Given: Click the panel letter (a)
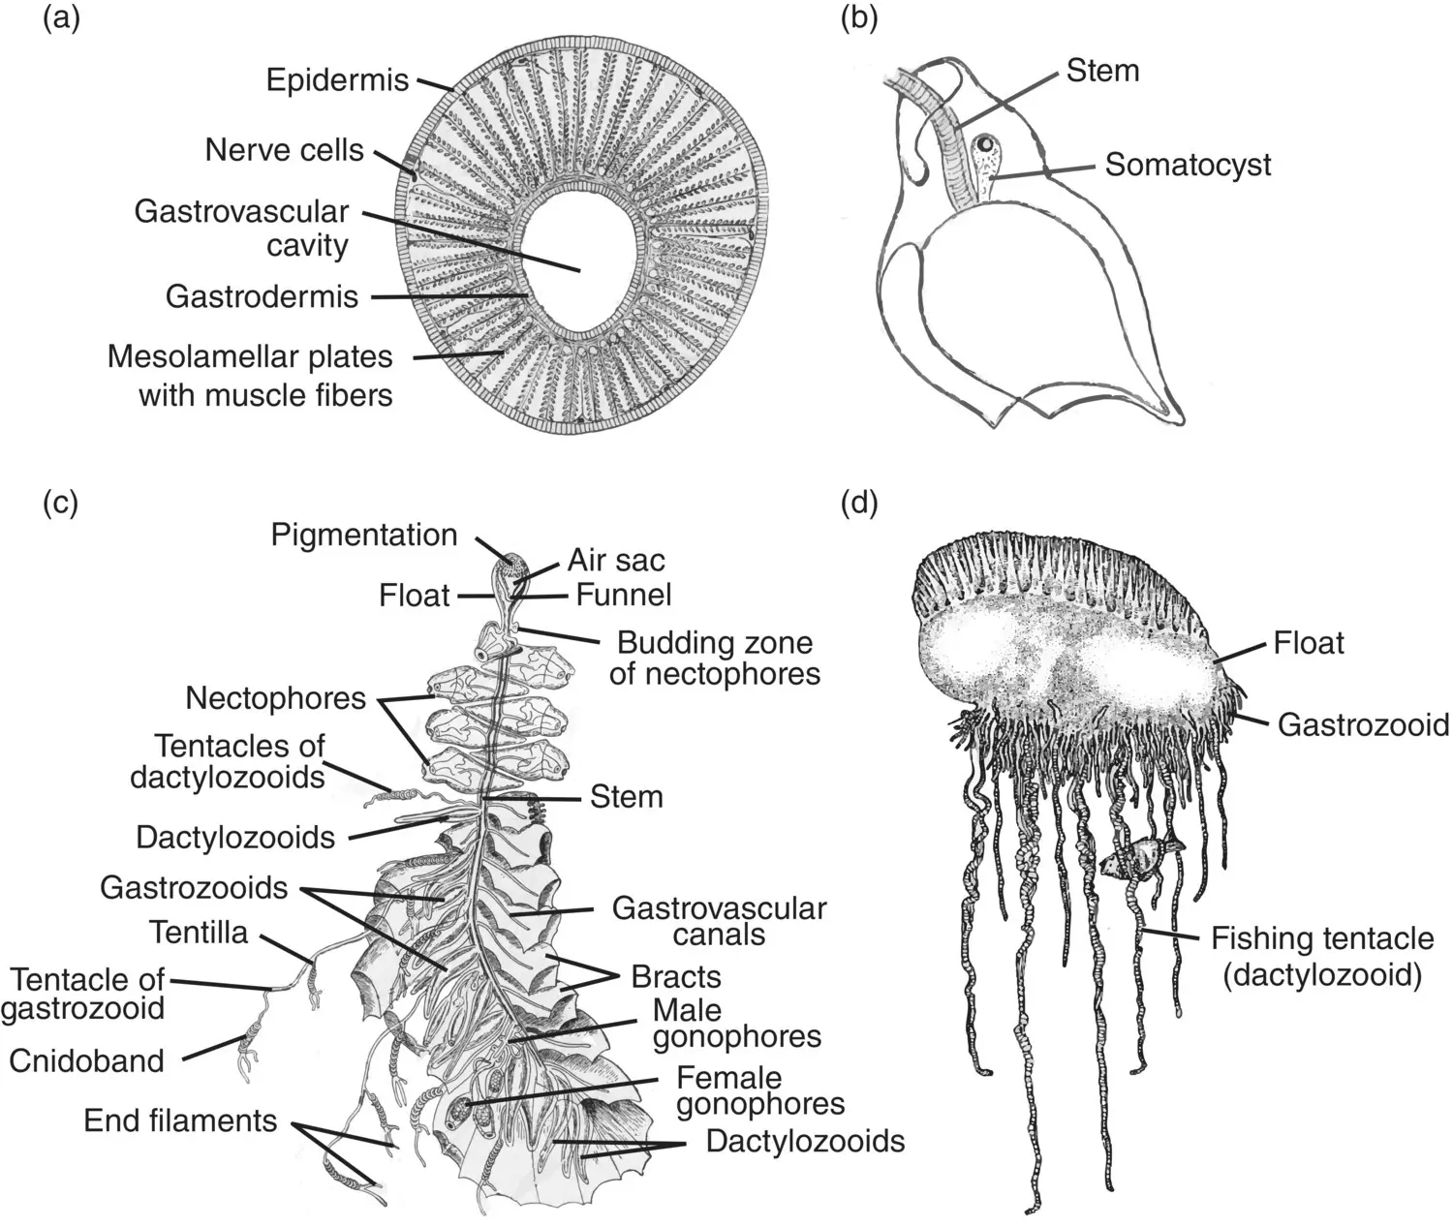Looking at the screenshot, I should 61,20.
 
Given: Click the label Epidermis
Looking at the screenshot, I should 337,79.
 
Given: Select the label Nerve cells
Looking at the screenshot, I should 284,150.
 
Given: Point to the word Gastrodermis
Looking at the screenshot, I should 262,296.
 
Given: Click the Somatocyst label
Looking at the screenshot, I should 1188,165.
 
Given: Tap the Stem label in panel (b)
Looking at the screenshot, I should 1102,70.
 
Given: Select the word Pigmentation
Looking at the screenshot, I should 363,535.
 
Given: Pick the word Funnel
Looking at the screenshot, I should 623,595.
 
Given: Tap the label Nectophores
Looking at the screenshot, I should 275,698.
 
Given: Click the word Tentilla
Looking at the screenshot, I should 199,933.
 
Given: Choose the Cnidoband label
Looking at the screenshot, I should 86,1060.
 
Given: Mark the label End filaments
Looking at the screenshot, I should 180,1120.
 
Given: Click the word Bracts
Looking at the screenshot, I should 676,976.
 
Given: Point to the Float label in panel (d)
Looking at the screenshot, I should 1309,643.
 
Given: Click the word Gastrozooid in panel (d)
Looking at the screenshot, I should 1363,724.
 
